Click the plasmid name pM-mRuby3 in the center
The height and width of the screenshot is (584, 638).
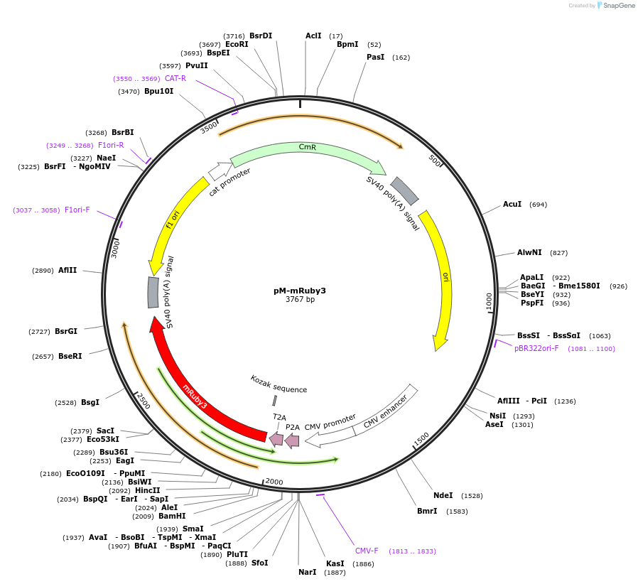[299, 291]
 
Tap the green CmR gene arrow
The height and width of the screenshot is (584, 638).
[307, 152]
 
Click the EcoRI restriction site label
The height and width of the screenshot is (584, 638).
[237, 44]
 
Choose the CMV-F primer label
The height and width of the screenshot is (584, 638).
[367, 551]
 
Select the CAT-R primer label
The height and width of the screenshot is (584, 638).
[175, 78]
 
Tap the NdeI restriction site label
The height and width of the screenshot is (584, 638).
[443, 495]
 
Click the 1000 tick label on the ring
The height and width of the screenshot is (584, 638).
[489, 301]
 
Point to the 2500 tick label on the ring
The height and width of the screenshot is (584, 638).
[143, 401]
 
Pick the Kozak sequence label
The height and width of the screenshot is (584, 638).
[279, 384]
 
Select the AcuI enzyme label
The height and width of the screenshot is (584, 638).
[512, 205]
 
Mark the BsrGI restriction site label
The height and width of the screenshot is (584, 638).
[66, 331]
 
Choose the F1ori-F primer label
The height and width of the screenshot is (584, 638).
[77, 210]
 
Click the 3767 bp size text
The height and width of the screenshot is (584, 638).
[299, 300]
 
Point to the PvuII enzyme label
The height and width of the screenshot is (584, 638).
[197, 65]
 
